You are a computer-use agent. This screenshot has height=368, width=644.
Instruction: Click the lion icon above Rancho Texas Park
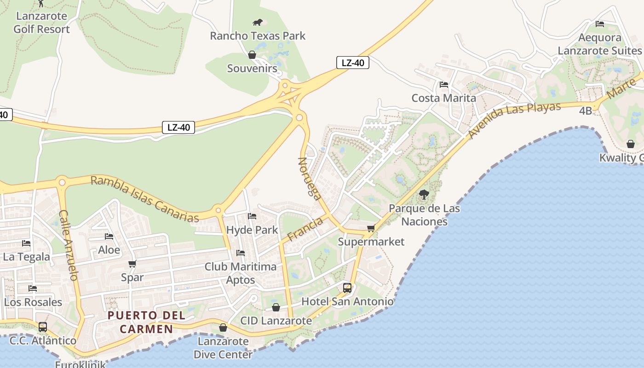coord(258,22)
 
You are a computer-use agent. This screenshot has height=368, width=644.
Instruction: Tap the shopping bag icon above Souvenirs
coord(252,55)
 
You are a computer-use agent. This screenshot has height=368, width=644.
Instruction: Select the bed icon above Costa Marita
coord(444,85)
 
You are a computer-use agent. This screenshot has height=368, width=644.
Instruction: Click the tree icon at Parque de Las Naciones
coord(424,195)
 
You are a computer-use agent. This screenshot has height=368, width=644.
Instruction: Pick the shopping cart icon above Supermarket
coord(371,228)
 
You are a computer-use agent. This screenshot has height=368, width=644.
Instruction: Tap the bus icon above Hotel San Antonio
coord(347,288)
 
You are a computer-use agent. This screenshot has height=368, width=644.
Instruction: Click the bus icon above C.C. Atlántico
coord(43,327)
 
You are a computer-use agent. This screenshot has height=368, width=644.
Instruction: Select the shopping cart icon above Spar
coord(132,264)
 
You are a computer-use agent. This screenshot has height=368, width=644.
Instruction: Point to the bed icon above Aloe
coord(109,236)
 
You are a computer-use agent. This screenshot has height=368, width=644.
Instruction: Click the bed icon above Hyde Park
coord(252,216)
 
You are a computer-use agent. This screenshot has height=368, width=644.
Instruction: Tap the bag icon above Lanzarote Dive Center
coord(223,328)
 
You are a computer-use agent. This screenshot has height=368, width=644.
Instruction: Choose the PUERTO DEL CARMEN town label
coord(146,322)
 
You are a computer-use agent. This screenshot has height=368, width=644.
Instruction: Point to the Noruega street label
coord(310,178)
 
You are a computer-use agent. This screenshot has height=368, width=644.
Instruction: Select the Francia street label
coord(305,230)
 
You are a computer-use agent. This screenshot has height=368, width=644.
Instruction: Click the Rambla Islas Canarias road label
coord(145,199)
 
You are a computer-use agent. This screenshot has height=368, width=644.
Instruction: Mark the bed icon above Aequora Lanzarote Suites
coord(600,24)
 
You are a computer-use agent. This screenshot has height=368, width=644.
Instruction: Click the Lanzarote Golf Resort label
coord(41,23)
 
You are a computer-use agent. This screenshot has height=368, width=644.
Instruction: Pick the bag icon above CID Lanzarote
coord(276,307)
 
